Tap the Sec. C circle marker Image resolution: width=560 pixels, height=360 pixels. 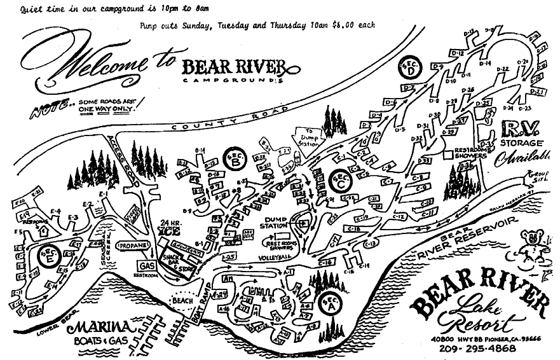(x=339, y=179)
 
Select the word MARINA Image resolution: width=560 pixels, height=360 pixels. (x=102, y=328)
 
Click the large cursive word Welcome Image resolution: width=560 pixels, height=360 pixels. (x=89, y=64)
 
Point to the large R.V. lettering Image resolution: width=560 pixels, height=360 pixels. (x=521, y=130)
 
